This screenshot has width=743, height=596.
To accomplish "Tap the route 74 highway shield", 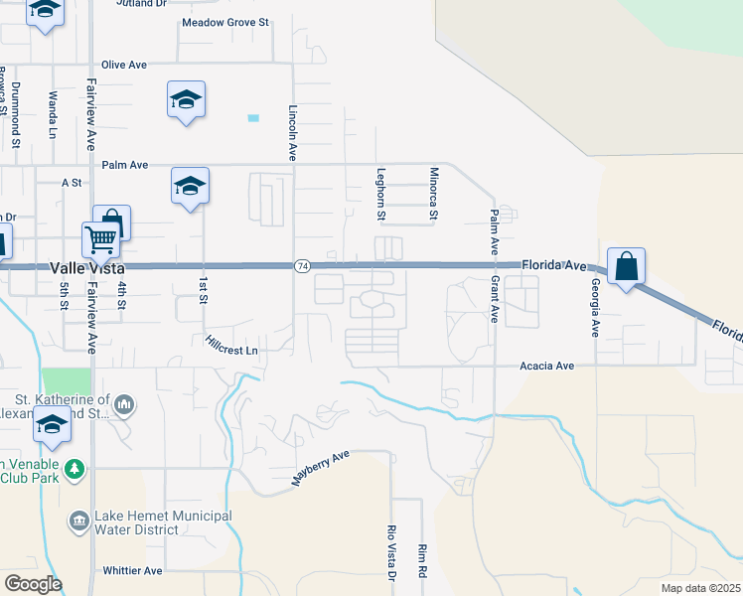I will tap(303, 266).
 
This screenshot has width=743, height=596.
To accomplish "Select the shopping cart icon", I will tap(100, 239).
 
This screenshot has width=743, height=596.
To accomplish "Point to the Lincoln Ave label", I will tap(293, 134).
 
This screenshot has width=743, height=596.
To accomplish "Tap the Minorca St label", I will tap(433, 194).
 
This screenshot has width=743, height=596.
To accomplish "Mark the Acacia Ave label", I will tap(547, 366).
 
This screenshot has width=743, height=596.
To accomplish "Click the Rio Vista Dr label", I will tap(391, 553).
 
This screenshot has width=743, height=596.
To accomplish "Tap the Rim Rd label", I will tap(422, 560).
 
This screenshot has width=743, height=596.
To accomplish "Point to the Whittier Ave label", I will tap(132, 571).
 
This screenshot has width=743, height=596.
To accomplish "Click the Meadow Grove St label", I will tap(225, 21).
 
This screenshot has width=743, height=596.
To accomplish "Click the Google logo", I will tap(33, 584).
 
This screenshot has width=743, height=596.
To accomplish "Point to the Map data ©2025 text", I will tap(700, 588).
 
